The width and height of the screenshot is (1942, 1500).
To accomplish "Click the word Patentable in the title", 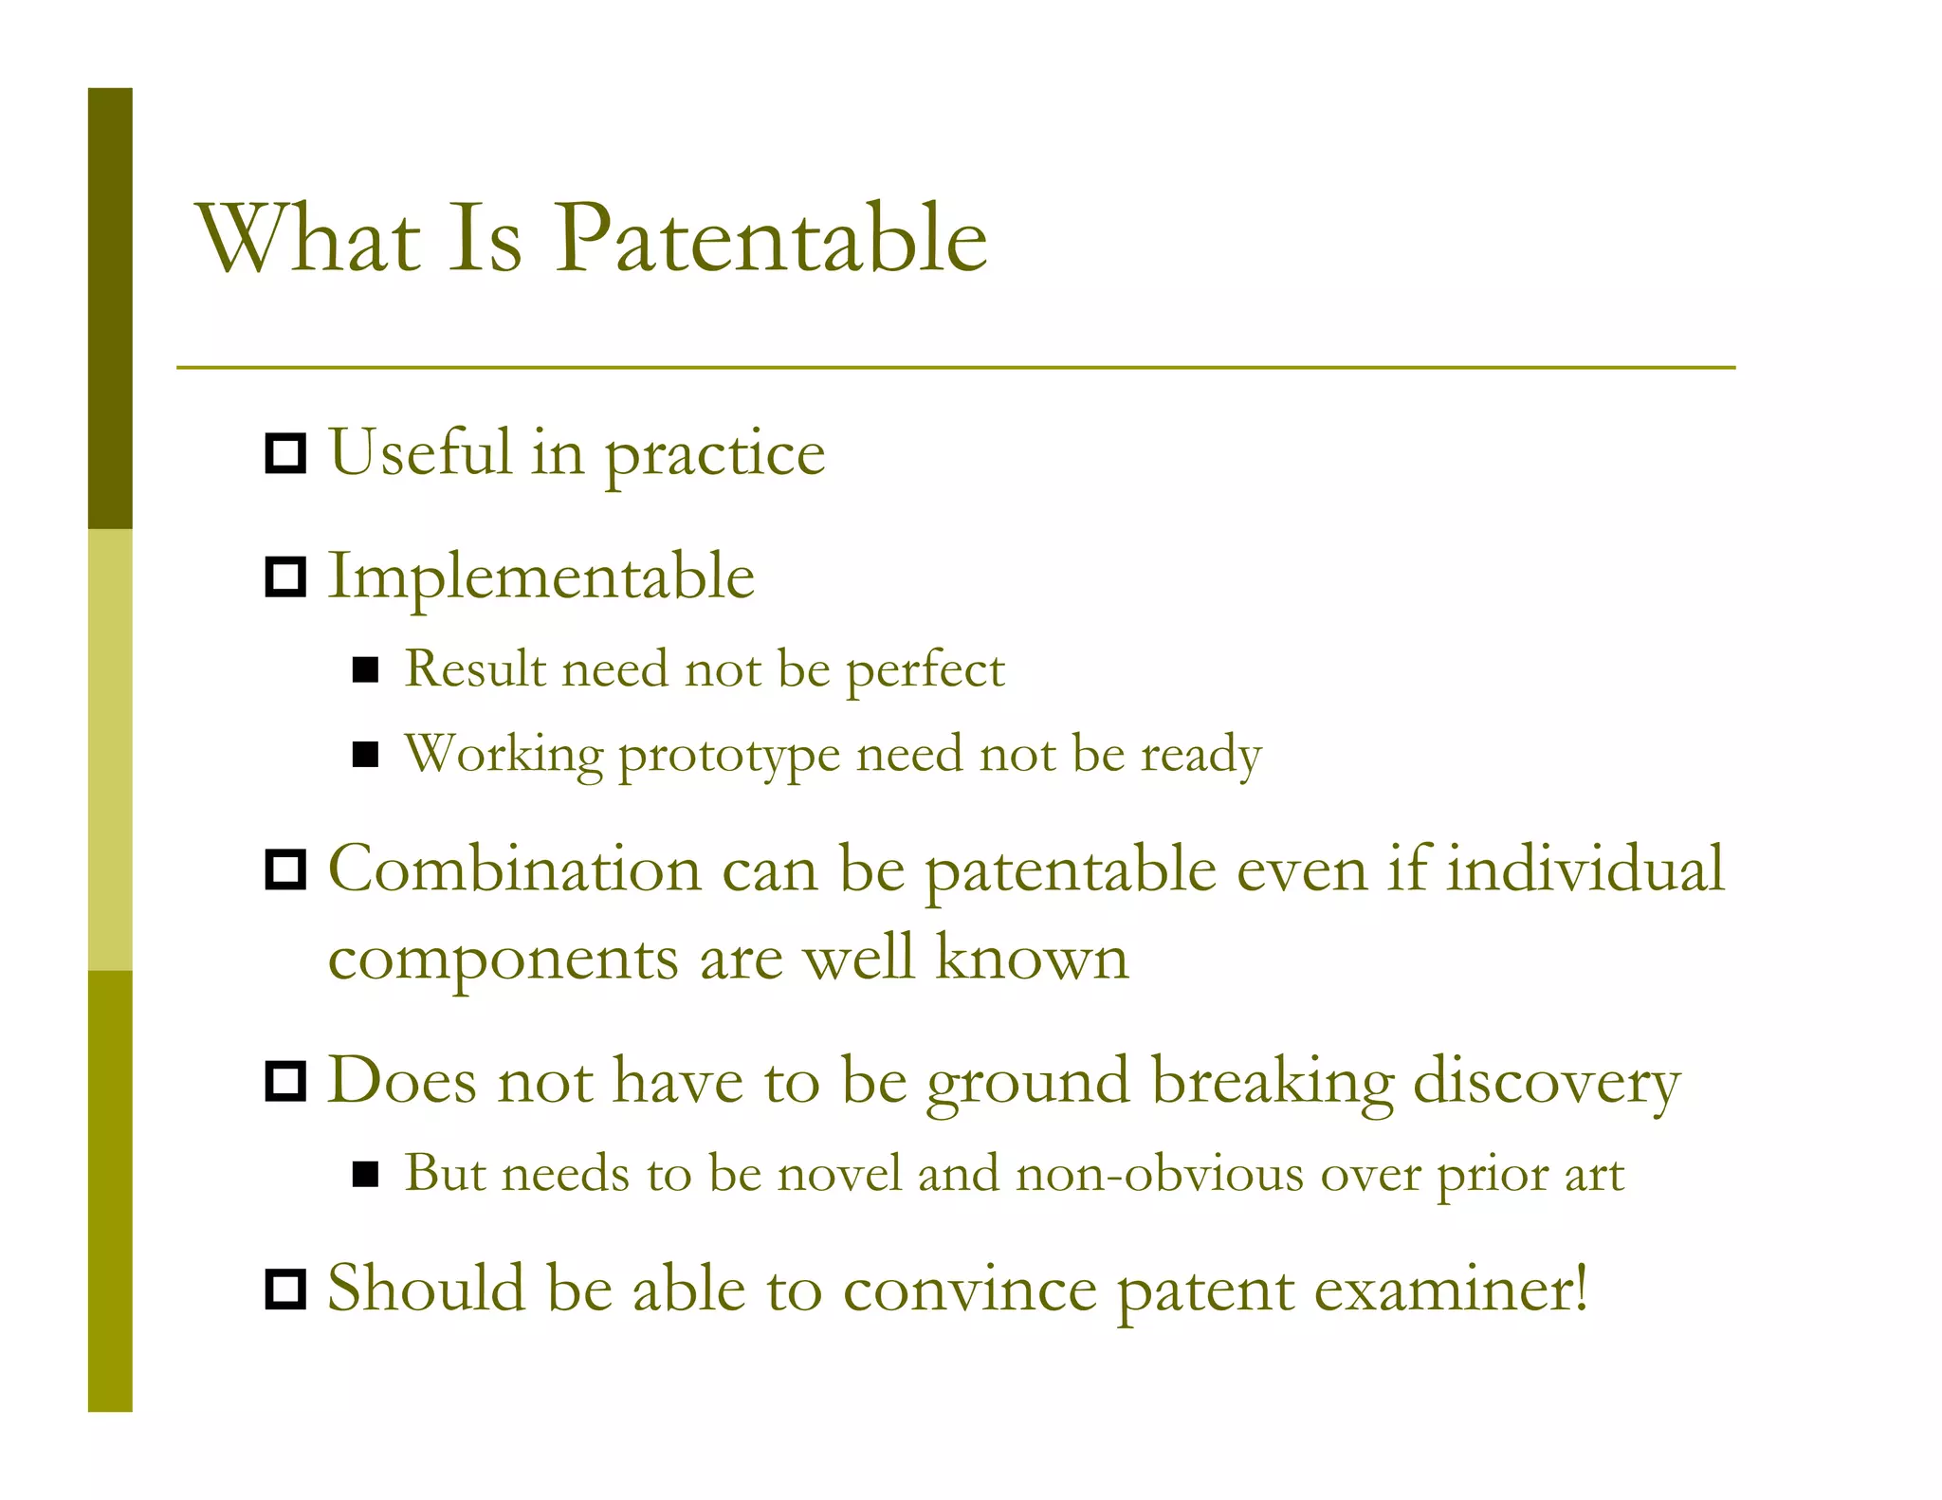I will (x=770, y=239).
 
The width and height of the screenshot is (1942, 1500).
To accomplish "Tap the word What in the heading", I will (x=308, y=239).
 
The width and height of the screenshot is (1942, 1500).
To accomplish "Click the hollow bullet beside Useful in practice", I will (x=284, y=454).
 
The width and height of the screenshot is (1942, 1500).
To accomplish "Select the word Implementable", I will (x=540, y=576).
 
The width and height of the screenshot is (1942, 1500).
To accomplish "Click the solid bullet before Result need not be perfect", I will (x=365, y=670).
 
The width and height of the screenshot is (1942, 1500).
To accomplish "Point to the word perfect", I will (x=925, y=670).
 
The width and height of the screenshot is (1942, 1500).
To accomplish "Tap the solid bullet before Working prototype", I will (x=365, y=755).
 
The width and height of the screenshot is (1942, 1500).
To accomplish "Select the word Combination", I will (x=514, y=869).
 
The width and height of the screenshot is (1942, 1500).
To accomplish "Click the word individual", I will (x=1585, y=869).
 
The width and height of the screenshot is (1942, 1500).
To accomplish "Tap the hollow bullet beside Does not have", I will (x=284, y=1081).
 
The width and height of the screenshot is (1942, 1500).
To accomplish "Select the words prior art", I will (x=1530, y=1176).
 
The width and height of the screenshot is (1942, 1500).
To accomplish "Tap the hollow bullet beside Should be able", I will (x=284, y=1290).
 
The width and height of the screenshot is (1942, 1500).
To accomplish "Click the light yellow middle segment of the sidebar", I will (x=110, y=749).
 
